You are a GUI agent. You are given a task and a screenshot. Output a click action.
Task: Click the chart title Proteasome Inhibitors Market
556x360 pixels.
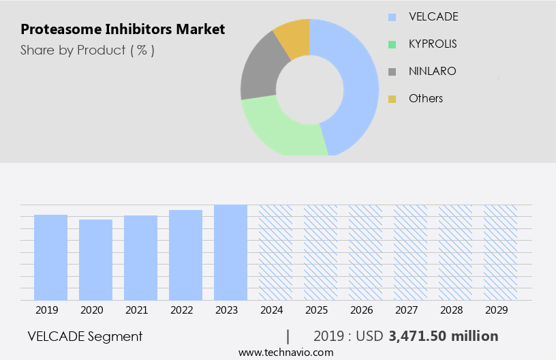pyautogui.click(x=123, y=29)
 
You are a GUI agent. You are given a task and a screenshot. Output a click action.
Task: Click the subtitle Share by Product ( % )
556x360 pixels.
pyautogui.click(x=87, y=50)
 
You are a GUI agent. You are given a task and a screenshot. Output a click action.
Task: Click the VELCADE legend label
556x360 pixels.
pyautogui.click(x=433, y=16)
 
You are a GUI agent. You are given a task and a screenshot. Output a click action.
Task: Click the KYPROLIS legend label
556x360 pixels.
pyautogui.click(x=433, y=44)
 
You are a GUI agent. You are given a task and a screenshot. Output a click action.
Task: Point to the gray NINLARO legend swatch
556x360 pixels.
pyautogui.click(x=392, y=72)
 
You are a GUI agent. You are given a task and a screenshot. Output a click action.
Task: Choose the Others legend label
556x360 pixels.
pyautogui.click(x=425, y=98)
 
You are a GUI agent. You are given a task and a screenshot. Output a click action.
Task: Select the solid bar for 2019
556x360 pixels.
pyautogui.click(x=50, y=257)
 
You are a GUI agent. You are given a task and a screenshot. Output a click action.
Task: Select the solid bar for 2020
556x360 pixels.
pyautogui.click(x=95, y=260)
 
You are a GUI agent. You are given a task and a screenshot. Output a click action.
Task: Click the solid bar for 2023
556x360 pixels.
pyautogui.click(x=230, y=252)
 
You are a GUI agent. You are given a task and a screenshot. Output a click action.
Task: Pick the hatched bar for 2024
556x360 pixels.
pyautogui.click(x=275, y=252)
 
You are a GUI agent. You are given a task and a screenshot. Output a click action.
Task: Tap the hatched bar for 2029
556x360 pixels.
pyautogui.click(x=500, y=252)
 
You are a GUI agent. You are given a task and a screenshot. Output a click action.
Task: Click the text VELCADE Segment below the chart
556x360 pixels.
pyautogui.click(x=85, y=336)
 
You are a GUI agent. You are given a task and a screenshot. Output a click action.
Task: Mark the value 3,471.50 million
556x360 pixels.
pyautogui.click(x=444, y=336)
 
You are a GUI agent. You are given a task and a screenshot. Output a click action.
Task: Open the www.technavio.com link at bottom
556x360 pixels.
pyautogui.click(x=285, y=352)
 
